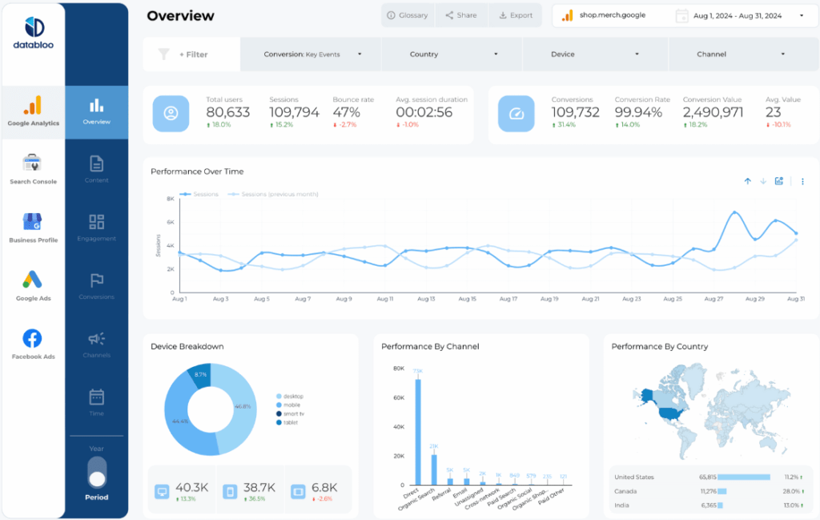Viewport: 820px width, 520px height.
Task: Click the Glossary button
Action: tap(407, 15)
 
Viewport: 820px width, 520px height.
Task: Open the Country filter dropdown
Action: tap(452, 54)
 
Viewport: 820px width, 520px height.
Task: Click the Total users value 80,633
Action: tap(227, 112)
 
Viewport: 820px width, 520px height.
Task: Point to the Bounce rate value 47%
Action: tap(346, 112)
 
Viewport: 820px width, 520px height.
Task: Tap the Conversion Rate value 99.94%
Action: tap(638, 112)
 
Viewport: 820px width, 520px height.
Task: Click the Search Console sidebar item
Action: tap(33, 169)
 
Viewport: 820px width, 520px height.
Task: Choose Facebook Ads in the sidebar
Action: tap(33, 345)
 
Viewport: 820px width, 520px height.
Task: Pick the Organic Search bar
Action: tap(434, 470)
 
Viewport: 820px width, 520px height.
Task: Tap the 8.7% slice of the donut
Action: tap(200, 375)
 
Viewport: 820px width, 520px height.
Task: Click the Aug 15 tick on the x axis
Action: tap(468, 299)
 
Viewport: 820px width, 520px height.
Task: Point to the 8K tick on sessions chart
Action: tap(170, 199)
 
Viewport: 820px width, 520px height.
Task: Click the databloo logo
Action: tap(33, 34)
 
